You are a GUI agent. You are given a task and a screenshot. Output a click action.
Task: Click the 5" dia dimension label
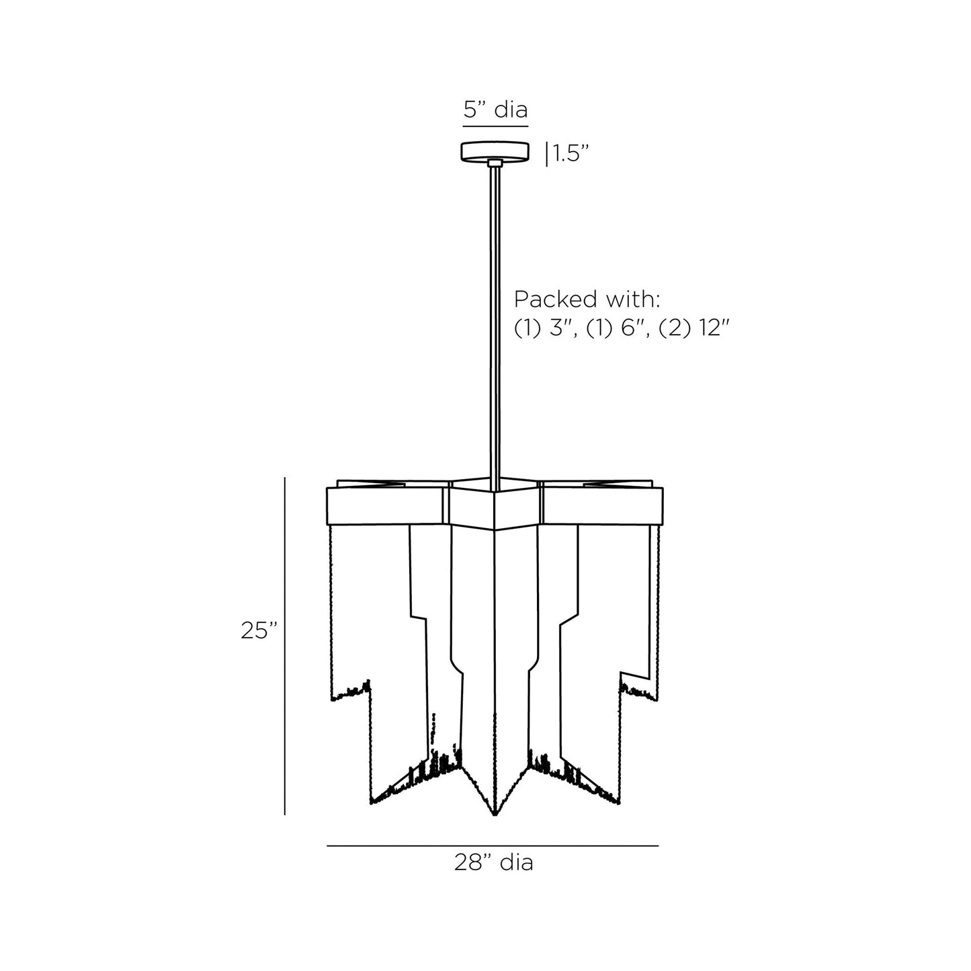point(495,110)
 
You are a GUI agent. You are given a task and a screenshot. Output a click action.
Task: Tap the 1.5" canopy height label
point(571,153)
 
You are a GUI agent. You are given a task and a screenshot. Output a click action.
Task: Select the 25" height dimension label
point(259,630)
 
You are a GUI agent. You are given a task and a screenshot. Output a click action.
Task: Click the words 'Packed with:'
point(587,299)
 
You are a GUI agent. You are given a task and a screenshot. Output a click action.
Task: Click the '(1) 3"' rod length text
point(546,329)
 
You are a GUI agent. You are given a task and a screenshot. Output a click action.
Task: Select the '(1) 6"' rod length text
point(618,329)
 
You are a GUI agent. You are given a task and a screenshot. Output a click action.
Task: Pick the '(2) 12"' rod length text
point(694,329)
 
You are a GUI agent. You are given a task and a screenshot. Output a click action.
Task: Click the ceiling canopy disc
point(495,151)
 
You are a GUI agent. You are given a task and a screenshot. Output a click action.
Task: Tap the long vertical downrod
point(495,323)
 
